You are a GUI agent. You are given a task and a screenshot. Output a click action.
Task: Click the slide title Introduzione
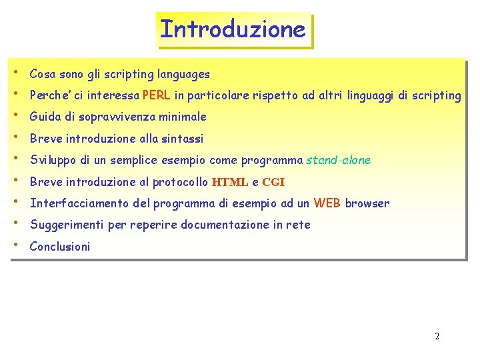(233, 30)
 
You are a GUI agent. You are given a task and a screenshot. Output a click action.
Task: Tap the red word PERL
(156, 95)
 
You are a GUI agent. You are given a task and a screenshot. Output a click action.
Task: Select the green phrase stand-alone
(338, 160)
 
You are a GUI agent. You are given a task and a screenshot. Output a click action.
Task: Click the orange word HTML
(229, 182)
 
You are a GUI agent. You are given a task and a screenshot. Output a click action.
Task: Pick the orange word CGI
(273, 182)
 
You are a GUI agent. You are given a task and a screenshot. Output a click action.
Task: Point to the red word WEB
(327, 203)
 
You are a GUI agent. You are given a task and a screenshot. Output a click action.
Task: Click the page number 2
(437, 336)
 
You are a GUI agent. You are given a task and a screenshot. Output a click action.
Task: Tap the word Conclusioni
(60, 247)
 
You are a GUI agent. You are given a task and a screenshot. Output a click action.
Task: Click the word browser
(367, 203)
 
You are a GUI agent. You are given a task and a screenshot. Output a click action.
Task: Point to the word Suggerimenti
(67, 225)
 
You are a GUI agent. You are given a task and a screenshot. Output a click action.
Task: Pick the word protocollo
(180, 182)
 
